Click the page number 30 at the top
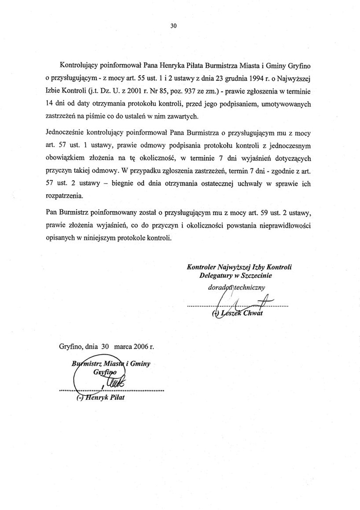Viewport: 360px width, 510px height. click(174, 26)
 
